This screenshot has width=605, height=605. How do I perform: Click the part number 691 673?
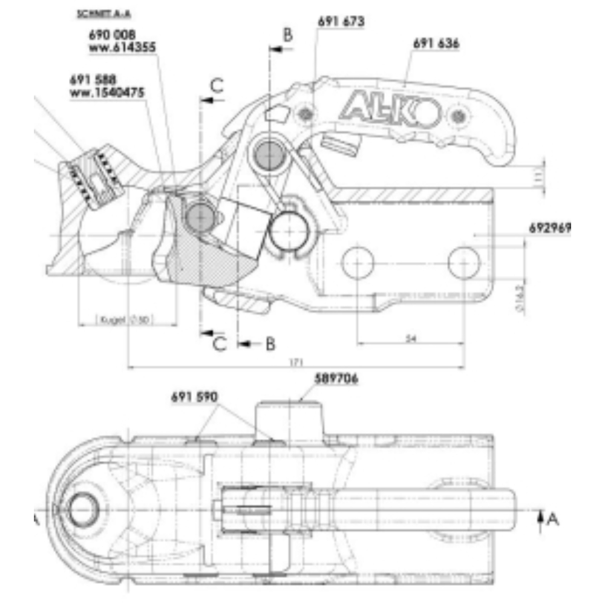[341, 22]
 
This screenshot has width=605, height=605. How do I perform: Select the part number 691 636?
[436, 44]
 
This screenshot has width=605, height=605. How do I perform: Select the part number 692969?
[550, 228]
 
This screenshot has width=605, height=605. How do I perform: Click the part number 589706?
[336, 379]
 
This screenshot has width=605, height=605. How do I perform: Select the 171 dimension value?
[296, 361]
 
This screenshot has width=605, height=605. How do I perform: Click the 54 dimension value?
[411, 339]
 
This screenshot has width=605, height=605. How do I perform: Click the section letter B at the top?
[288, 34]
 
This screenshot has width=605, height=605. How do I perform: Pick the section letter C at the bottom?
[219, 344]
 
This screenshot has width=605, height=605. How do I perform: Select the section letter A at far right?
[552, 518]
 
